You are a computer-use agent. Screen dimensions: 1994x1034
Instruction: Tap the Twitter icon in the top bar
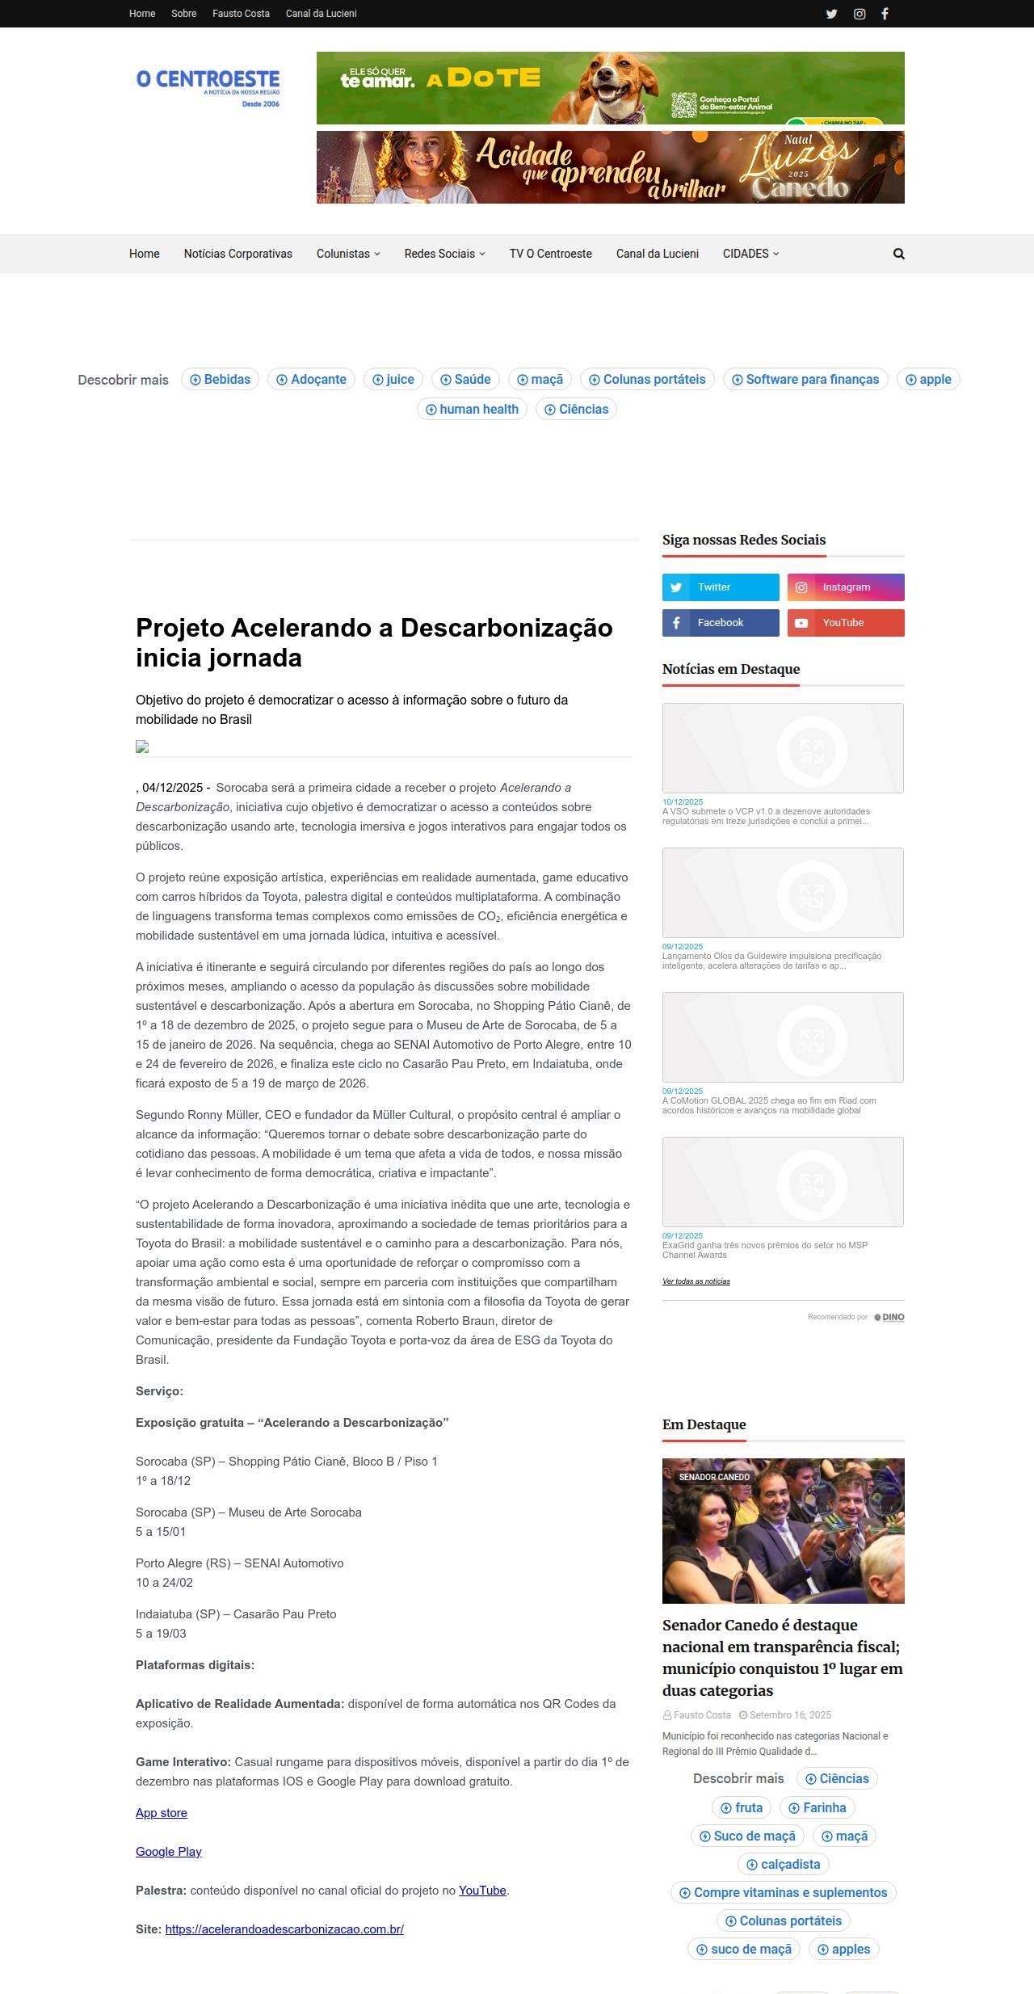(x=831, y=14)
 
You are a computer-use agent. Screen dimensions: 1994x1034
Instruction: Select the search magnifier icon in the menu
(x=898, y=254)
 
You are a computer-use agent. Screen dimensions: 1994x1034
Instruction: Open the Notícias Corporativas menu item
(x=237, y=254)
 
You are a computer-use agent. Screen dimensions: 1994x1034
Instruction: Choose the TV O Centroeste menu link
(x=550, y=254)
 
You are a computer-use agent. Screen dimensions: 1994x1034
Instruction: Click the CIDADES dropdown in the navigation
(x=750, y=254)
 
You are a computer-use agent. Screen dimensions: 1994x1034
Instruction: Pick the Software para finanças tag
(x=805, y=380)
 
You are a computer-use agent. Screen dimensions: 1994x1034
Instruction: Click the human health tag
(x=472, y=410)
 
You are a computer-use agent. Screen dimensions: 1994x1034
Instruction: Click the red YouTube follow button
(x=846, y=623)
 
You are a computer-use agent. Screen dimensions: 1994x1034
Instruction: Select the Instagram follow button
(x=846, y=587)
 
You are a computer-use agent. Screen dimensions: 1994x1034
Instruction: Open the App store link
(x=162, y=1813)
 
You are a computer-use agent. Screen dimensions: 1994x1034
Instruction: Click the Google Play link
(x=168, y=1852)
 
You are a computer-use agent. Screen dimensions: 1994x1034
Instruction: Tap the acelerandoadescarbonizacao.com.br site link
(x=284, y=1929)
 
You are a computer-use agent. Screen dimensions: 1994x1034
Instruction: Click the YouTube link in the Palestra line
(x=482, y=1891)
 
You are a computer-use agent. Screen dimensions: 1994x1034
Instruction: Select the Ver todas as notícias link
(x=696, y=1281)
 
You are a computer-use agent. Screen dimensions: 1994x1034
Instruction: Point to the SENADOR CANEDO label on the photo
(x=714, y=1477)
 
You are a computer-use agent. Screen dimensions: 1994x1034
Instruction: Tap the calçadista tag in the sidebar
(x=783, y=1865)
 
